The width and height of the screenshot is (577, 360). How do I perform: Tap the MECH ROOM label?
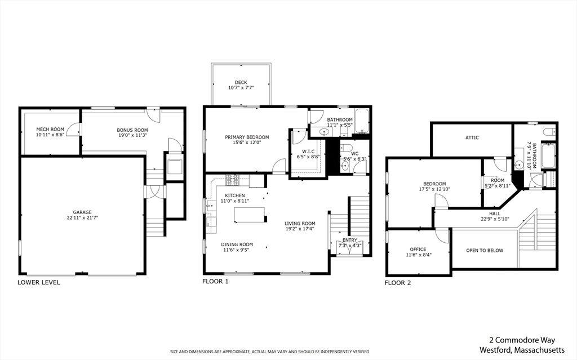coord(50,129)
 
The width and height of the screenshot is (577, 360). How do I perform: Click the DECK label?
coord(241,82)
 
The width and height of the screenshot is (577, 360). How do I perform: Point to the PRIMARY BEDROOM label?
coord(247,137)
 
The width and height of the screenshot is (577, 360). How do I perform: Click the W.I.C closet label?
coord(308,151)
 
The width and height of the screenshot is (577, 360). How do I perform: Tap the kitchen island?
coord(250,214)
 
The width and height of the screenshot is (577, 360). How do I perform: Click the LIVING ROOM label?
coord(300,224)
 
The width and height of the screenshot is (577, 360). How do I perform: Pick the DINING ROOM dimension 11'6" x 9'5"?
coord(237,251)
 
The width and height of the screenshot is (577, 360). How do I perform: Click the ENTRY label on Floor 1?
coord(350,240)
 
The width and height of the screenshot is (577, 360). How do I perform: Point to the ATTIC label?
coord(472,137)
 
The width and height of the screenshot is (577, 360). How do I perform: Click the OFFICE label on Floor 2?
coord(418,249)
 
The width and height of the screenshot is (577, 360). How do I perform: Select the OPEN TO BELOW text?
coord(485,250)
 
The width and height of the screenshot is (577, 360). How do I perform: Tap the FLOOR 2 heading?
coord(398,283)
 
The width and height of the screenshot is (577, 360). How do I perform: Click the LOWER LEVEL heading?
coord(39,282)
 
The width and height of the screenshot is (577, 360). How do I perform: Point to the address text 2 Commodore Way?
coord(521,340)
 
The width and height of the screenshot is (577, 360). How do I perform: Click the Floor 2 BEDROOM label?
coord(434,184)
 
